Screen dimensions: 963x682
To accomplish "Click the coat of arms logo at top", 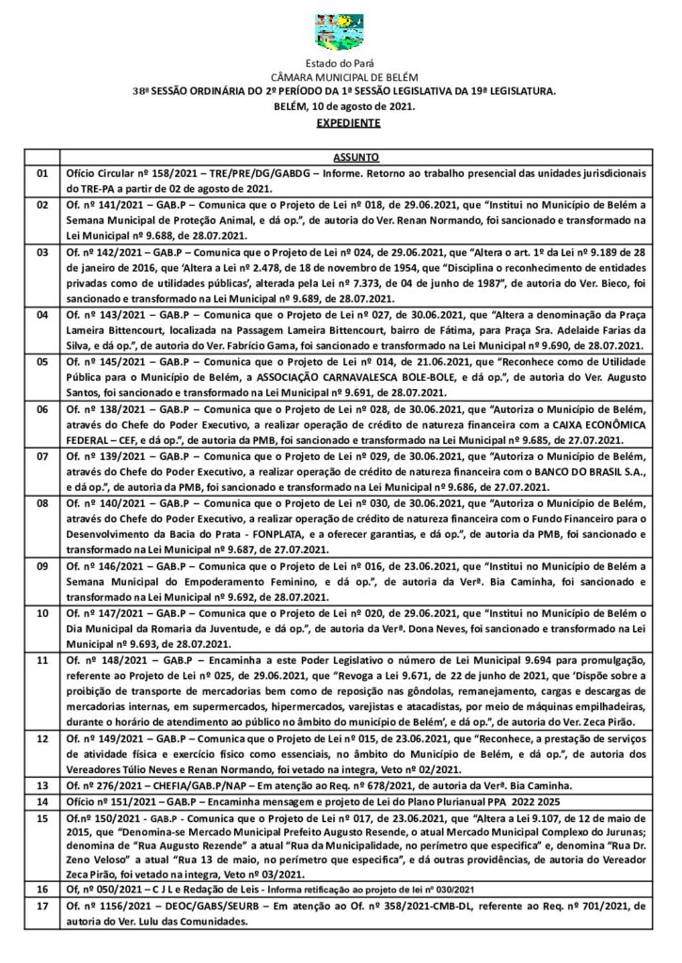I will (341, 31).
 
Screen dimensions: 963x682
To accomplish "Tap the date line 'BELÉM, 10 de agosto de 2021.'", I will (342, 106).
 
